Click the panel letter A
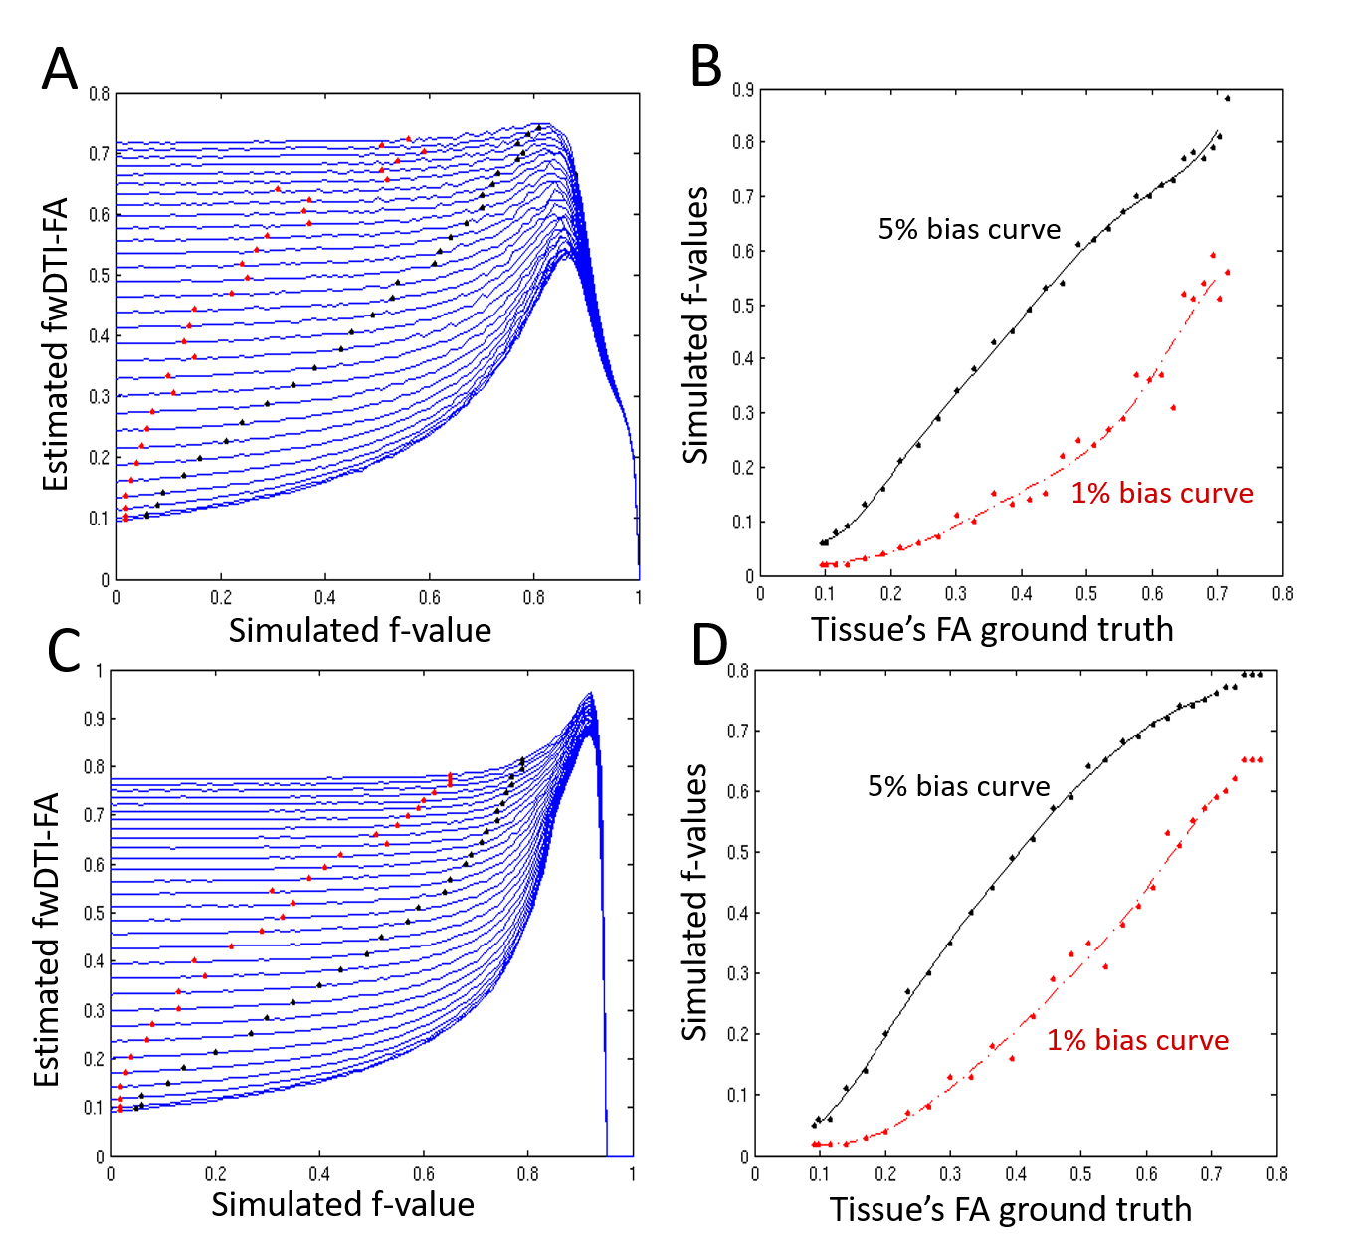point(60,70)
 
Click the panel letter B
point(705,66)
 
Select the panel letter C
point(65,651)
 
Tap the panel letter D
point(709,645)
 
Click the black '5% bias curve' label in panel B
point(969,229)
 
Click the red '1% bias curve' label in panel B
point(1161,493)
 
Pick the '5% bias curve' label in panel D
point(958,786)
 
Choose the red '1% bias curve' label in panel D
point(1137,1040)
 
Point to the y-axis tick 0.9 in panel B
point(742,90)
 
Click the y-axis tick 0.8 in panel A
point(99,94)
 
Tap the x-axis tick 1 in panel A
point(639,598)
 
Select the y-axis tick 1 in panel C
point(99,671)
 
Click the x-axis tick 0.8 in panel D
point(1277,1174)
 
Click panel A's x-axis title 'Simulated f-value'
point(360,630)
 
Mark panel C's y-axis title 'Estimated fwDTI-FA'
point(47,939)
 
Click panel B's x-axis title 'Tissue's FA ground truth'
point(992,629)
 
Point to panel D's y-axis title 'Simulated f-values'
point(694,902)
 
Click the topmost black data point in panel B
point(1227,98)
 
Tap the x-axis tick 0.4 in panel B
point(1022,594)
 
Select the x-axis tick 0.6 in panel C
point(424,1174)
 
